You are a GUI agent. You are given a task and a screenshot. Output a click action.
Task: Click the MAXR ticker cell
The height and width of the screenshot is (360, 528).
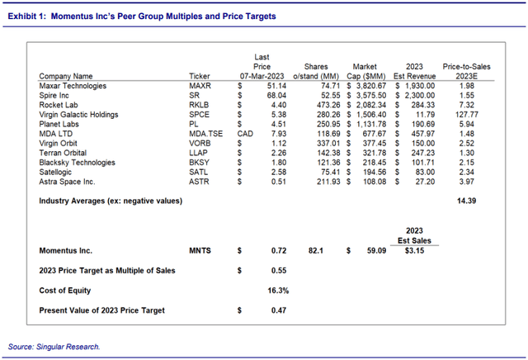click(x=200, y=86)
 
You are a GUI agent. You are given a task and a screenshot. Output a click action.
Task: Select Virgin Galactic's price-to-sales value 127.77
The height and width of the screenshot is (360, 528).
click(x=466, y=115)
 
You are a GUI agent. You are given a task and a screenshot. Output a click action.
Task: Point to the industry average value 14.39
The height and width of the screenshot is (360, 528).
click(x=466, y=201)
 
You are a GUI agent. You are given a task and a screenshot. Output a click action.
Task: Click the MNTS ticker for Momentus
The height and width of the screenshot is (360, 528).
click(x=200, y=251)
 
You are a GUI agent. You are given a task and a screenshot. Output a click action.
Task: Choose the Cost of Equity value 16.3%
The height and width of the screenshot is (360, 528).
click(x=278, y=291)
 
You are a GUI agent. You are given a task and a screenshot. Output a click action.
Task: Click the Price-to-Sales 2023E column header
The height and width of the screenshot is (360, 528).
click(x=466, y=72)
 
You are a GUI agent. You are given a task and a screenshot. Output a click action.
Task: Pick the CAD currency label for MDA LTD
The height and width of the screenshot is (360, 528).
click(x=245, y=134)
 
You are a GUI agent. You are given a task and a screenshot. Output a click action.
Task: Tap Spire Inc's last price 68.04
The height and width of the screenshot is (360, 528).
click(x=276, y=96)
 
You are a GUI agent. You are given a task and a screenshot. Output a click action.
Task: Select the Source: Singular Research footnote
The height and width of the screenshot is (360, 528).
click(x=54, y=347)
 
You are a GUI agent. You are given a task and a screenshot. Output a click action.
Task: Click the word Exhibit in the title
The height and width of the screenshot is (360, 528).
click(x=22, y=17)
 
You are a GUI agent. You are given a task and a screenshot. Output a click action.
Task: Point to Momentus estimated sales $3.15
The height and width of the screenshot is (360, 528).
click(x=414, y=251)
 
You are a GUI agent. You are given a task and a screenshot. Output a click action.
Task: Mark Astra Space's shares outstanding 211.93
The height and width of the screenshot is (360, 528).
click(x=328, y=182)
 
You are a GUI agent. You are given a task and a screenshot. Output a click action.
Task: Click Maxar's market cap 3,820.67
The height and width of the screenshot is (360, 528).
click(x=371, y=86)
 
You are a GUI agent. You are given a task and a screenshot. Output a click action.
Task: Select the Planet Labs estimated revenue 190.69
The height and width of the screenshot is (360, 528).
click(x=423, y=125)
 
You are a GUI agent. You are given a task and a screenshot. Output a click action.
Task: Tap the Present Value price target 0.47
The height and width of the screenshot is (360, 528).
click(x=279, y=310)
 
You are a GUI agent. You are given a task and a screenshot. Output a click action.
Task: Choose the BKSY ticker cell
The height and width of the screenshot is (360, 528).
click(x=199, y=163)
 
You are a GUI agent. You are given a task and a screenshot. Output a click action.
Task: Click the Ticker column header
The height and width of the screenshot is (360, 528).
click(x=200, y=76)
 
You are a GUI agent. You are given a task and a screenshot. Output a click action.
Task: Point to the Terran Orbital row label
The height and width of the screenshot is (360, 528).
click(x=63, y=153)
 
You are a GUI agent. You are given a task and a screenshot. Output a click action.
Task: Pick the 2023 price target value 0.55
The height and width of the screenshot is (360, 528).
click(x=279, y=271)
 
